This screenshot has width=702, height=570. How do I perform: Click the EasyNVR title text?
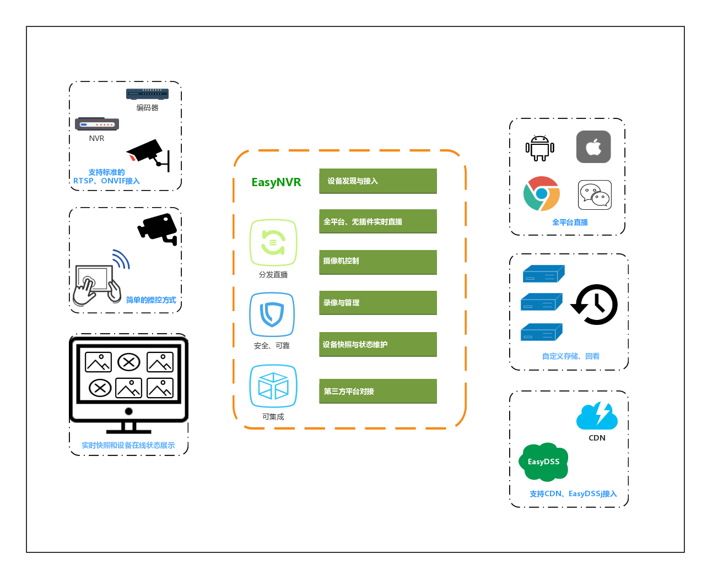[x=276, y=182]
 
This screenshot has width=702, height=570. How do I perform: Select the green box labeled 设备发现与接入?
[x=377, y=181]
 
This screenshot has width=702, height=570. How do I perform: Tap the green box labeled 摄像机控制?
[x=377, y=262]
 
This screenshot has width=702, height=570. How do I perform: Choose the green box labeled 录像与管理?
[x=377, y=303]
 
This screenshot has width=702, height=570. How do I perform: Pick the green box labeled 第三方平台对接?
[x=377, y=391]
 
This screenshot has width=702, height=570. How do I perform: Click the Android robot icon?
[x=539, y=148]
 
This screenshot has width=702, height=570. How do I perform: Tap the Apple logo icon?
[x=593, y=147]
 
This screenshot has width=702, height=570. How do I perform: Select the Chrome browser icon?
[x=542, y=194]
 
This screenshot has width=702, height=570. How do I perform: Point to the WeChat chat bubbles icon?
[x=595, y=195]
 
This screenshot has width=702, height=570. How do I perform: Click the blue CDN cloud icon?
[x=597, y=416]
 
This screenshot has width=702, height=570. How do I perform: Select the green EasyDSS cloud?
[x=544, y=462]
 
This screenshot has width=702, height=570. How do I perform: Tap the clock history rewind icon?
[x=595, y=305]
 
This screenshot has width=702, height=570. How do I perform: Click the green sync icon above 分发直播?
[x=273, y=243]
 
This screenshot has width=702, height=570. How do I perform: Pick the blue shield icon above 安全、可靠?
[x=272, y=314]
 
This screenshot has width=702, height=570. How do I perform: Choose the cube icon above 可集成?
[x=273, y=386]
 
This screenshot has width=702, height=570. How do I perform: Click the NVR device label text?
[x=96, y=138]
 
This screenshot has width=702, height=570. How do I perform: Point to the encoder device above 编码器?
[x=147, y=94]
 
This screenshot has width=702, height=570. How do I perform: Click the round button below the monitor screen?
[x=129, y=411]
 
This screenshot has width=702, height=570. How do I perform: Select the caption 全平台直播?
[x=570, y=222]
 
